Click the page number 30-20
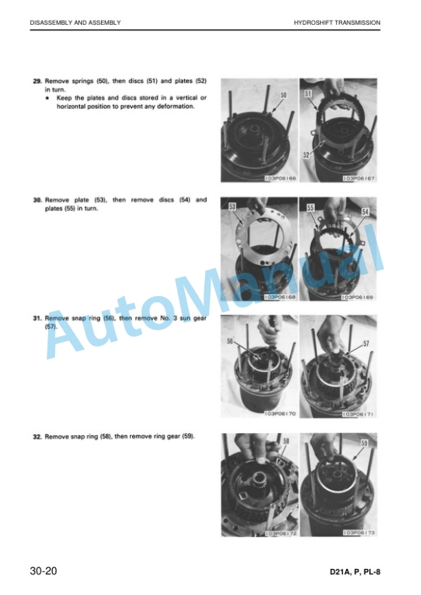(43, 571)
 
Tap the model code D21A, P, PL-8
(355, 572)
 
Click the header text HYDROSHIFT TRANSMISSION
(337, 23)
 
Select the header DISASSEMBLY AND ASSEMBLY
(76, 23)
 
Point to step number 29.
(37, 81)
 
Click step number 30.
(37, 200)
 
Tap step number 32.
(37, 437)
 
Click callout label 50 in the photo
(284, 95)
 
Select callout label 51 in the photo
(307, 94)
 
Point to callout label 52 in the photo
(307, 155)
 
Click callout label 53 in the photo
(233, 206)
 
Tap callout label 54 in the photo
(365, 211)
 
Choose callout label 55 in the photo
(310, 207)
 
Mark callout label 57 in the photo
(366, 344)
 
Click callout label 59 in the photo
(364, 443)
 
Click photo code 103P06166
(281, 178)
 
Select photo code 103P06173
(359, 533)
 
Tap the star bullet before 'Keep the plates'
(47, 98)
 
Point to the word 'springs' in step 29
(83, 81)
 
